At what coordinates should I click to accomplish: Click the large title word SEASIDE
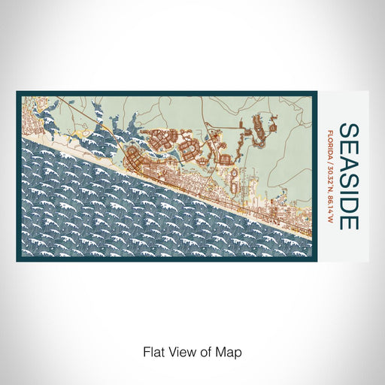348,175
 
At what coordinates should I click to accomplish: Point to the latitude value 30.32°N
332,174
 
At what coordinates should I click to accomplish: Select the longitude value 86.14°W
332,204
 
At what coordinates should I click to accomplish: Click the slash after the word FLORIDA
332,159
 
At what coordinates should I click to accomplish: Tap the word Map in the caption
230,351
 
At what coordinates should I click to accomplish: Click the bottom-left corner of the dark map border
18,259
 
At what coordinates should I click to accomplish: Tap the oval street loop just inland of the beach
235,180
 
